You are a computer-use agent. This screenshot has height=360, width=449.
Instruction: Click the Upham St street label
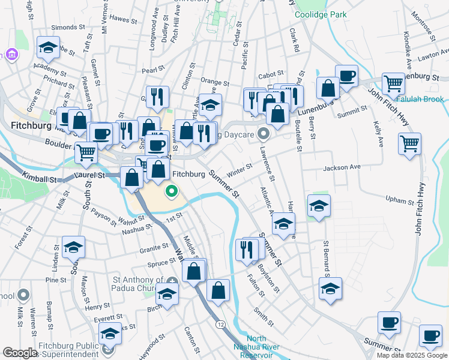click(400, 200)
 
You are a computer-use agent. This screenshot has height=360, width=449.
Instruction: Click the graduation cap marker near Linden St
click(73, 247)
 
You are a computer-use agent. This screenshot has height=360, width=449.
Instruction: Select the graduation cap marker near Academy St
click(48, 47)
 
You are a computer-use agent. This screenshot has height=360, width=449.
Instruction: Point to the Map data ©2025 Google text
click(411, 355)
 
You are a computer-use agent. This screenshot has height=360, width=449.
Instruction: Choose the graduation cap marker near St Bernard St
click(330, 289)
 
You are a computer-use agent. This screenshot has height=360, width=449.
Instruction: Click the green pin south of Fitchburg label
click(172, 193)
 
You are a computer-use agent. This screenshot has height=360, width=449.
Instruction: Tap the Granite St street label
click(157, 247)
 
